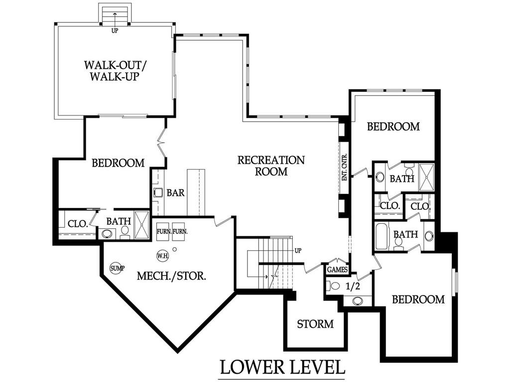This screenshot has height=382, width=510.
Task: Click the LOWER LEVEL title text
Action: pos(282,367)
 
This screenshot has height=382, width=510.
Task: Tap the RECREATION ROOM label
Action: pos(271,166)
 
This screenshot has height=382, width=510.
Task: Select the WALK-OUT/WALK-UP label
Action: pos(114,71)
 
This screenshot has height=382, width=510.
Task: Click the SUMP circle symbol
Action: pos(117,268)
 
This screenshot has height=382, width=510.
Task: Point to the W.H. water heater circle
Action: pos(163,256)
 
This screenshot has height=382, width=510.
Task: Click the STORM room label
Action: pos(315,324)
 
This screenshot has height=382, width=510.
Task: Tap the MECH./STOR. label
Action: pos(171,276)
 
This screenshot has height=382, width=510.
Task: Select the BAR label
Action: pos(176,193)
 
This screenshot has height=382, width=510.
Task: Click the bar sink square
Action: pos(158,193)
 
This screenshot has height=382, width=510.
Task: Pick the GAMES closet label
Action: pos(337,270)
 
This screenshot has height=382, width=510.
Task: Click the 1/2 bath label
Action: pos(353,286)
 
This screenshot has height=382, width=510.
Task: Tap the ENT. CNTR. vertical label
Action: pos(345,167)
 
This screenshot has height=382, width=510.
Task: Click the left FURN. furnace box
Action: pos(164,232)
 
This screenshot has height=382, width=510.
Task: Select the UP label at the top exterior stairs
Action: pos(115,31)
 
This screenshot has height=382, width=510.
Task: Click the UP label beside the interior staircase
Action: pos(298,251)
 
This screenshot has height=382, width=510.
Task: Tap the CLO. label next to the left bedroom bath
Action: pos(77,224)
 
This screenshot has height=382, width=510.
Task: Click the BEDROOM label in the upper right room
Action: pos(393,126)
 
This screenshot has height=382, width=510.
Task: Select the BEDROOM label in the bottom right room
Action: pos(418,299)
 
